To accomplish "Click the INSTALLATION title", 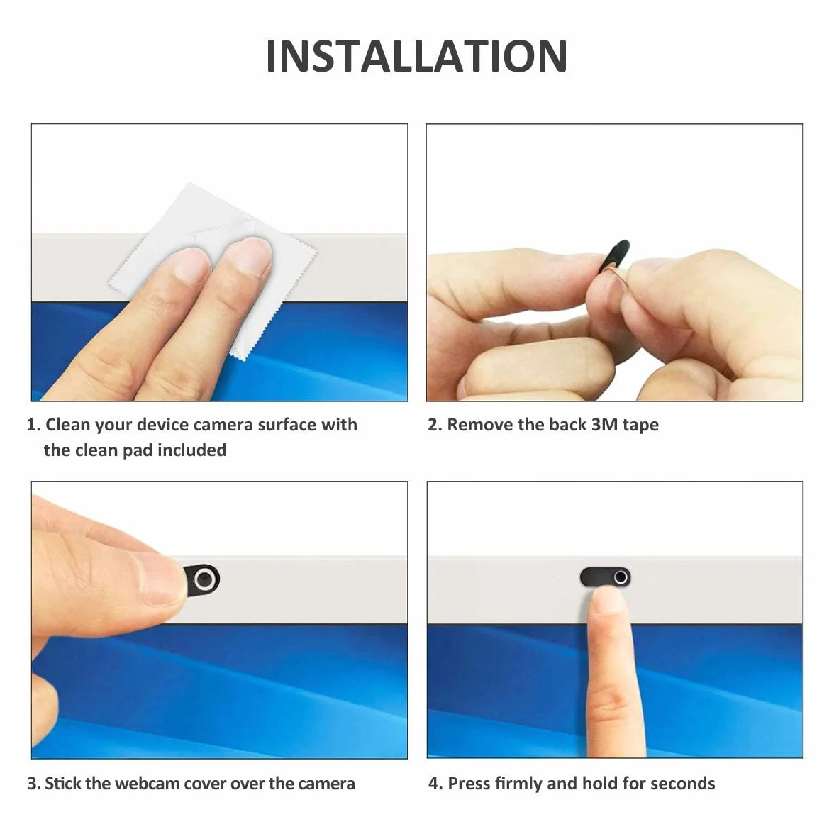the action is (416, 57).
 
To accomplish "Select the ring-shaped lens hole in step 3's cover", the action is (205, 579).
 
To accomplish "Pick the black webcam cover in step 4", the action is (606, 577).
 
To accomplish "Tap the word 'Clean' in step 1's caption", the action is (68, 424).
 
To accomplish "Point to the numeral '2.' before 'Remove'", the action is (435, 424).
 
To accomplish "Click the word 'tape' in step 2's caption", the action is (641, 425).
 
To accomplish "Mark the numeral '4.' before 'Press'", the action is (435, 784).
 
